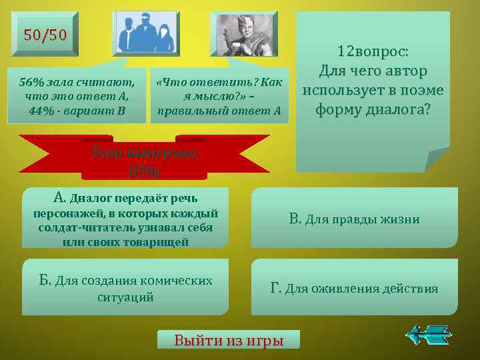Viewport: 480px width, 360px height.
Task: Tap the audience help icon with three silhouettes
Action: click(x=146, y=33)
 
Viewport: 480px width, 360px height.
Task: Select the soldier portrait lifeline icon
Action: click(x=243, y=33)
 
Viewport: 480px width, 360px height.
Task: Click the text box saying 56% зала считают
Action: click(x=77, y=96)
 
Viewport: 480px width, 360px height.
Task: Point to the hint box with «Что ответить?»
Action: click(x=219, y=96)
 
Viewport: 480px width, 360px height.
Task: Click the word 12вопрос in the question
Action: click(x=373, y=51)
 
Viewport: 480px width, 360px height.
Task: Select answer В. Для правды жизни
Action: click(x=354, y=219)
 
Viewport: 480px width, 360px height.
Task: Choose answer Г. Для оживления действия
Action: click(x=354, y=288)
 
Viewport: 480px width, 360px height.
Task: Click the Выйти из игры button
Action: click(x=229, y=340)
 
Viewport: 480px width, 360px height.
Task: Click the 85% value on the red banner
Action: click(x=145, y=171)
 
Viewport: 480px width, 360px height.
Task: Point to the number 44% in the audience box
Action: click(x=43, y=110)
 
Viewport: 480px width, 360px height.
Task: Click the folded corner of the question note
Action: click(x=437, y=159)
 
